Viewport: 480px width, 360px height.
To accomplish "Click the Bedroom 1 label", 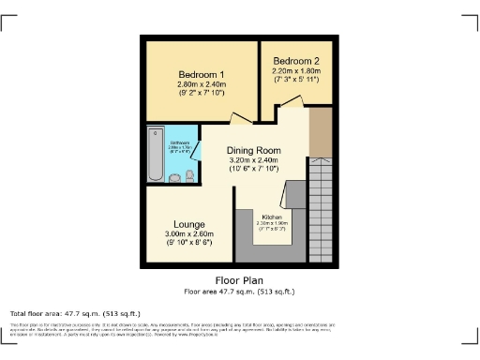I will [201, 75].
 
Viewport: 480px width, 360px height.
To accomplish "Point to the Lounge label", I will [185, 224].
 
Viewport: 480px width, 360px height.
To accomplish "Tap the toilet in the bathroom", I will [189, 176].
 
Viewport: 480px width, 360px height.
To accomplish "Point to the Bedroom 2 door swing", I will [291, 101].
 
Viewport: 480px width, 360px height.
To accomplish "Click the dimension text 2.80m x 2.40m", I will [201, 84].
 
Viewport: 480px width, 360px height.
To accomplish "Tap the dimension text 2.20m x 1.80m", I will [296, 70].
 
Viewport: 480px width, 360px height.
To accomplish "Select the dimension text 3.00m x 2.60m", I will [185, 233].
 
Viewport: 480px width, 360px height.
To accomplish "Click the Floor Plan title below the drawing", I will [239, 279].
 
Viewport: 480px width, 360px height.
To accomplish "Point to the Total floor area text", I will [75, 313].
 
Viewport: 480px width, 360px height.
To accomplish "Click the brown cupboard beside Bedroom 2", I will [321, 134].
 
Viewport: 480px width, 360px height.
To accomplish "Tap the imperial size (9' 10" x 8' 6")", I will [185, 243].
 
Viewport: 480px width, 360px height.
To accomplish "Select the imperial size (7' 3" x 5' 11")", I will [296, 79].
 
